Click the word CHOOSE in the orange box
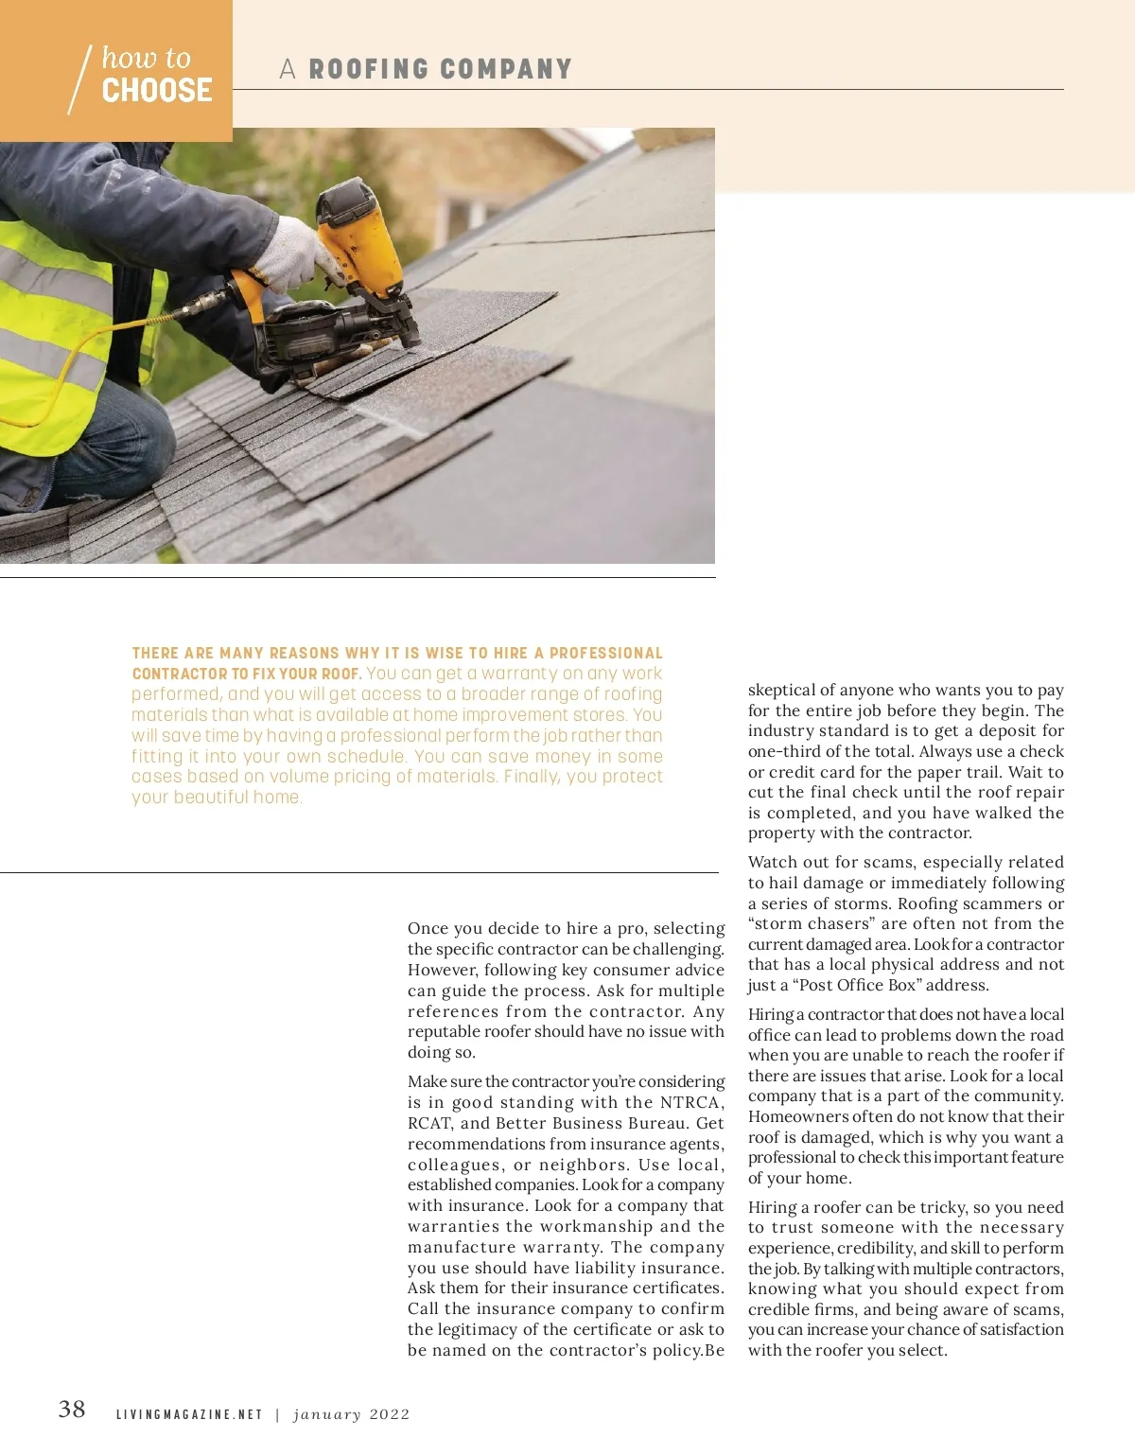click(x=157, y=91)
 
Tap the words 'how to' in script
click(x=146, y=58)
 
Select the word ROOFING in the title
click(x=369, y=69)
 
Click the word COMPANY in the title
click(x=506, y=69)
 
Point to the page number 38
click(x=72, y=1410)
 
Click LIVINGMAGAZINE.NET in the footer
click(x=189, y=1414)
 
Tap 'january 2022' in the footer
click(x=352, y=1414)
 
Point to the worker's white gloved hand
click(x=292, y=255)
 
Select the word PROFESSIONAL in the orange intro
click(x=606, y=653)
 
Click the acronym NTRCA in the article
click(x=690, y=1102)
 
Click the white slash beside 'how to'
click(x=79, y=80)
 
